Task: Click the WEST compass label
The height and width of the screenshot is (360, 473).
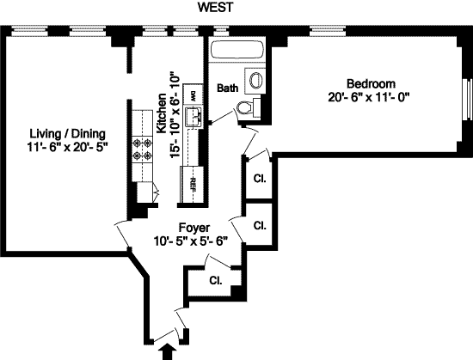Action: pyautogui.click(x=215, y=8)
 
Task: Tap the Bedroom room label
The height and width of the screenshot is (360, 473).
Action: pyautogui.click(x=371, y=83)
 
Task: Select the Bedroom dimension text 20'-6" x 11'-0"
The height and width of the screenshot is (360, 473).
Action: pyautogui.click(x=368, y=97)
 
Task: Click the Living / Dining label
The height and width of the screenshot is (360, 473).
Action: pyautogui.click(x=68, y=133)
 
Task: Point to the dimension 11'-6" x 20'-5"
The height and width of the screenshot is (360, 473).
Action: pyautogui.click(x=67, y=147)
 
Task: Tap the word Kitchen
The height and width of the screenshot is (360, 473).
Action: pyautogui.click(x=162, y=113)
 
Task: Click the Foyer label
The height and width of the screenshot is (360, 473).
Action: pyautogui.click(x=194, y=228)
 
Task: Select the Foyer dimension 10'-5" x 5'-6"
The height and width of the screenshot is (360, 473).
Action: pyautogui.click(x=191, y=241)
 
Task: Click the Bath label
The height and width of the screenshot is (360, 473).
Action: pyautogui.click(x=227, y=88)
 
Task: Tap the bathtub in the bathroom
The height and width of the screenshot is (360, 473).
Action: pyautogui.click(x=237, y=50)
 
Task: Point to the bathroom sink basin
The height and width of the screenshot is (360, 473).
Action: pyautogui.click(x=256, y=81)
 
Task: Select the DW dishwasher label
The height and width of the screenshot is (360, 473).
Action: pyautogui.click(x=193, y=95)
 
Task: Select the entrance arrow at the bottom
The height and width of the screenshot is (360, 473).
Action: pyautogui.click(x=168, y=352)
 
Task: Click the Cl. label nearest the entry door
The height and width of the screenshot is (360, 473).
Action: pyautogui.click(x=216, y=280)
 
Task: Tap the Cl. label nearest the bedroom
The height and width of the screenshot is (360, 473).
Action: pyautogui.click(x=260, y=179)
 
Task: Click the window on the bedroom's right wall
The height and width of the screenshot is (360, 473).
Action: pyautogui.click(x=468, y=100)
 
